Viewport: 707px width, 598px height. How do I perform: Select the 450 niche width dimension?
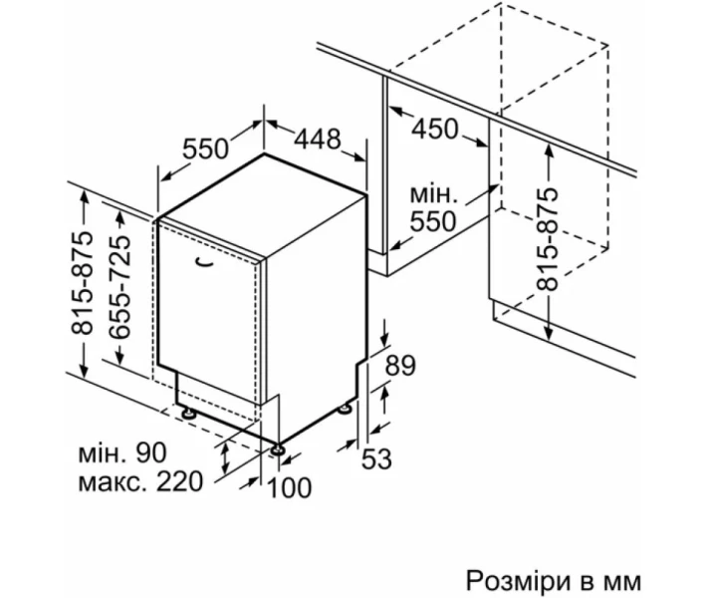coord(435,130)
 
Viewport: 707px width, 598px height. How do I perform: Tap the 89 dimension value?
coord(400,365)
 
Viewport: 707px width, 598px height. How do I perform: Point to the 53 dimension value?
coord(377,459)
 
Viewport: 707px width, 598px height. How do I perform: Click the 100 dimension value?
coord(289,487)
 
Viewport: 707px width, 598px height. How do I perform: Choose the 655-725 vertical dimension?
coord(120,287)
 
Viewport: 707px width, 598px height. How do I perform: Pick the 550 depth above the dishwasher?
coord(205,149)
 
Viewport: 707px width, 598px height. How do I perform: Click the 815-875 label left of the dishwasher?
coord(82,283)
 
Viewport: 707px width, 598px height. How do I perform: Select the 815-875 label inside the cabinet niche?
coord(548,239)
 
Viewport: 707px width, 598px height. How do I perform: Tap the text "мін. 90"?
coord(122,453)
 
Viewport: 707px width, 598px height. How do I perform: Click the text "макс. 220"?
coord(140,481)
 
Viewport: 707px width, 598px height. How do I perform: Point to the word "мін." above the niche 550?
coord(433,194)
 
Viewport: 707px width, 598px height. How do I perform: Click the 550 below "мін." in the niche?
coord(433,221)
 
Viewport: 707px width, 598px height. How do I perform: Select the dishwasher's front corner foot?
coord(277,449)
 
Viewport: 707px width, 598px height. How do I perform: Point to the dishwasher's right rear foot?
coord(346,409)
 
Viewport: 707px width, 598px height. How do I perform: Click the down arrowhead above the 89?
coord(384,340)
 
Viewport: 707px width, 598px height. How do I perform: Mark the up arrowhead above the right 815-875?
coord(548,151)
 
